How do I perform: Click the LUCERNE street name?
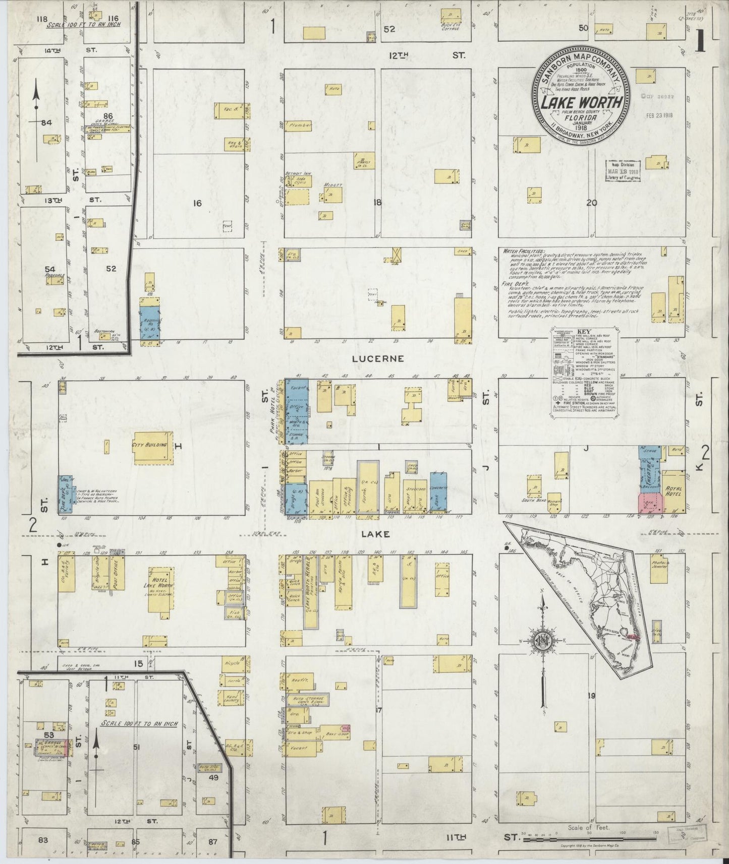point(371,359)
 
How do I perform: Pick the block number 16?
point(197,203)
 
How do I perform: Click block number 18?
point(377,203)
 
